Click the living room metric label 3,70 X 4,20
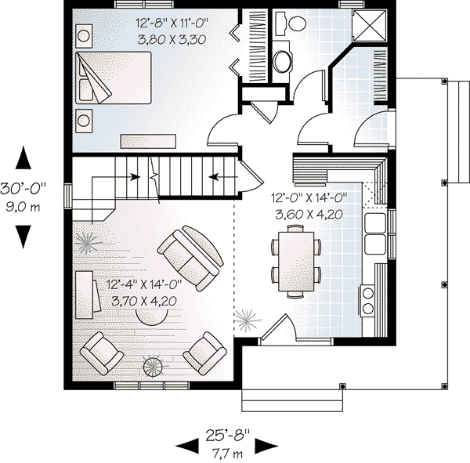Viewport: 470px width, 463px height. tap(143, 301)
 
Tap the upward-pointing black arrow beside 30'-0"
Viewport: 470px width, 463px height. tap(24, 158)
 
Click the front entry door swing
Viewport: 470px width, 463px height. tap(277, 330)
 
